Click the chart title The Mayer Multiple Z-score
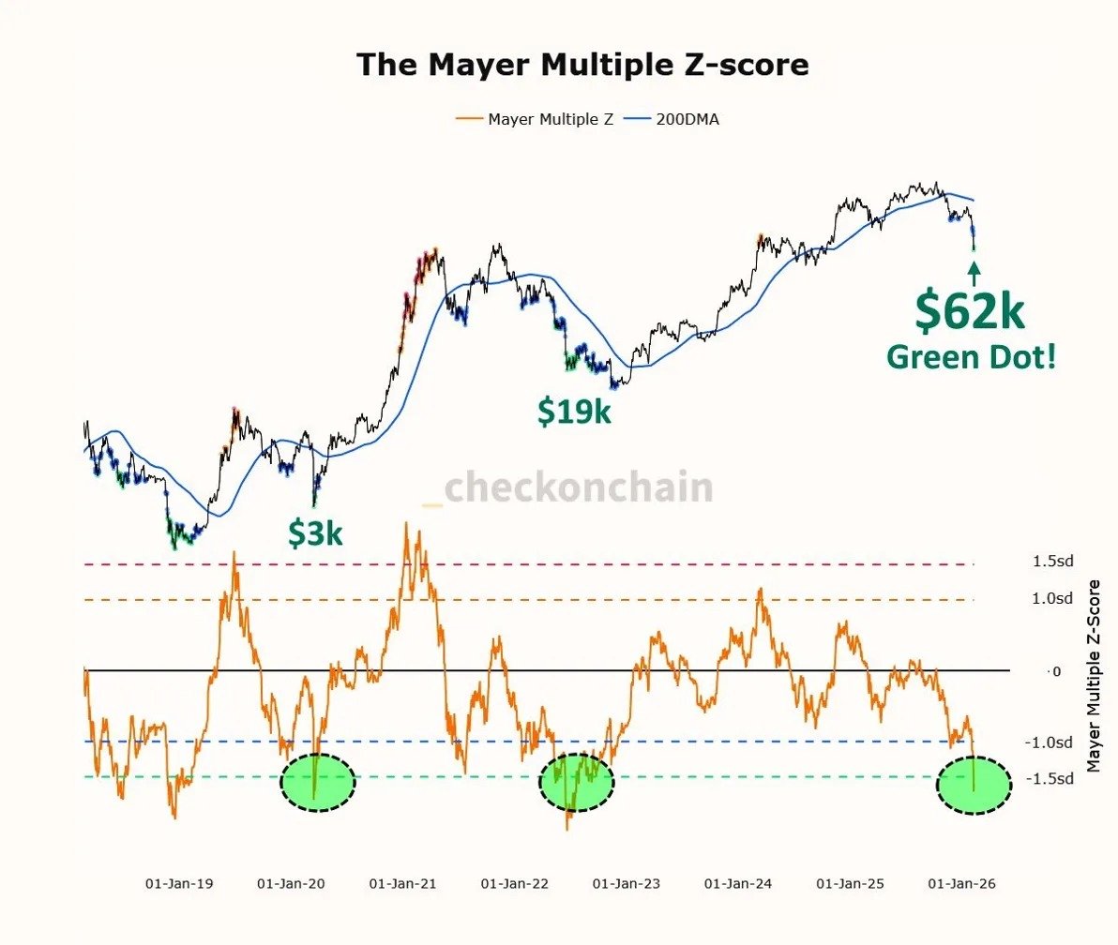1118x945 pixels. (x=582, y=65)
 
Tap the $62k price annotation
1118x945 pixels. (x=971, y=311)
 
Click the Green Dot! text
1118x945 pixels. (x=971, y=356)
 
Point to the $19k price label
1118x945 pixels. (x=574, y=411)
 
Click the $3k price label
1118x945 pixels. (x=315, y=533)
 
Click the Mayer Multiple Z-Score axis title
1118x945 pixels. (x=1094, y=675)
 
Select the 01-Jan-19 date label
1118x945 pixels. (x=179, y=883)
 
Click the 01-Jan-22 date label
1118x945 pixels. (x=514, y=883)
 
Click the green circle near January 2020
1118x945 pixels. (x=318, y=782)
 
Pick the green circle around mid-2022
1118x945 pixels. (x=576, y=782)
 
